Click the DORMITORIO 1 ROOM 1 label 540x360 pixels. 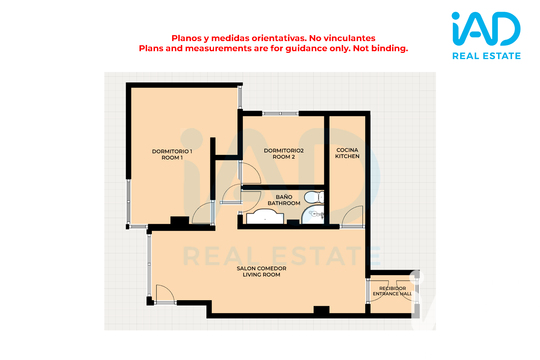(x=172, y=154)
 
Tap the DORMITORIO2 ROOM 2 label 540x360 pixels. (x=284, y=154)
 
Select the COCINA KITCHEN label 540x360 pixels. (x=347, y=153)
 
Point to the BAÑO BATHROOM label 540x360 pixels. (x=284, y=200)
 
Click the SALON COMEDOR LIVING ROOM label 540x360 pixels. (x=262, y=271)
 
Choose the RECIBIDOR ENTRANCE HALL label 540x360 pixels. (x=392, y=291)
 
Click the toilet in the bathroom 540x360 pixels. (x=314, y=197)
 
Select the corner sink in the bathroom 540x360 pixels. (x=313, y=215)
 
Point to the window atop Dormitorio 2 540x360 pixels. (x=280, y=114)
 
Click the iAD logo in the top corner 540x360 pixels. (x=486, y=29)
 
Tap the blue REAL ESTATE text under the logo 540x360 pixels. (x=487, y=56)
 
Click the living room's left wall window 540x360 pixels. (x=149, y=265)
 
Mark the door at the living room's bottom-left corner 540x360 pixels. (x=165, y=294)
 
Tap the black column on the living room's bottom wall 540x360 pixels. (x=321, y=310)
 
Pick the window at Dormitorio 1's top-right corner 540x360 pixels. (x=240, y=97)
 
